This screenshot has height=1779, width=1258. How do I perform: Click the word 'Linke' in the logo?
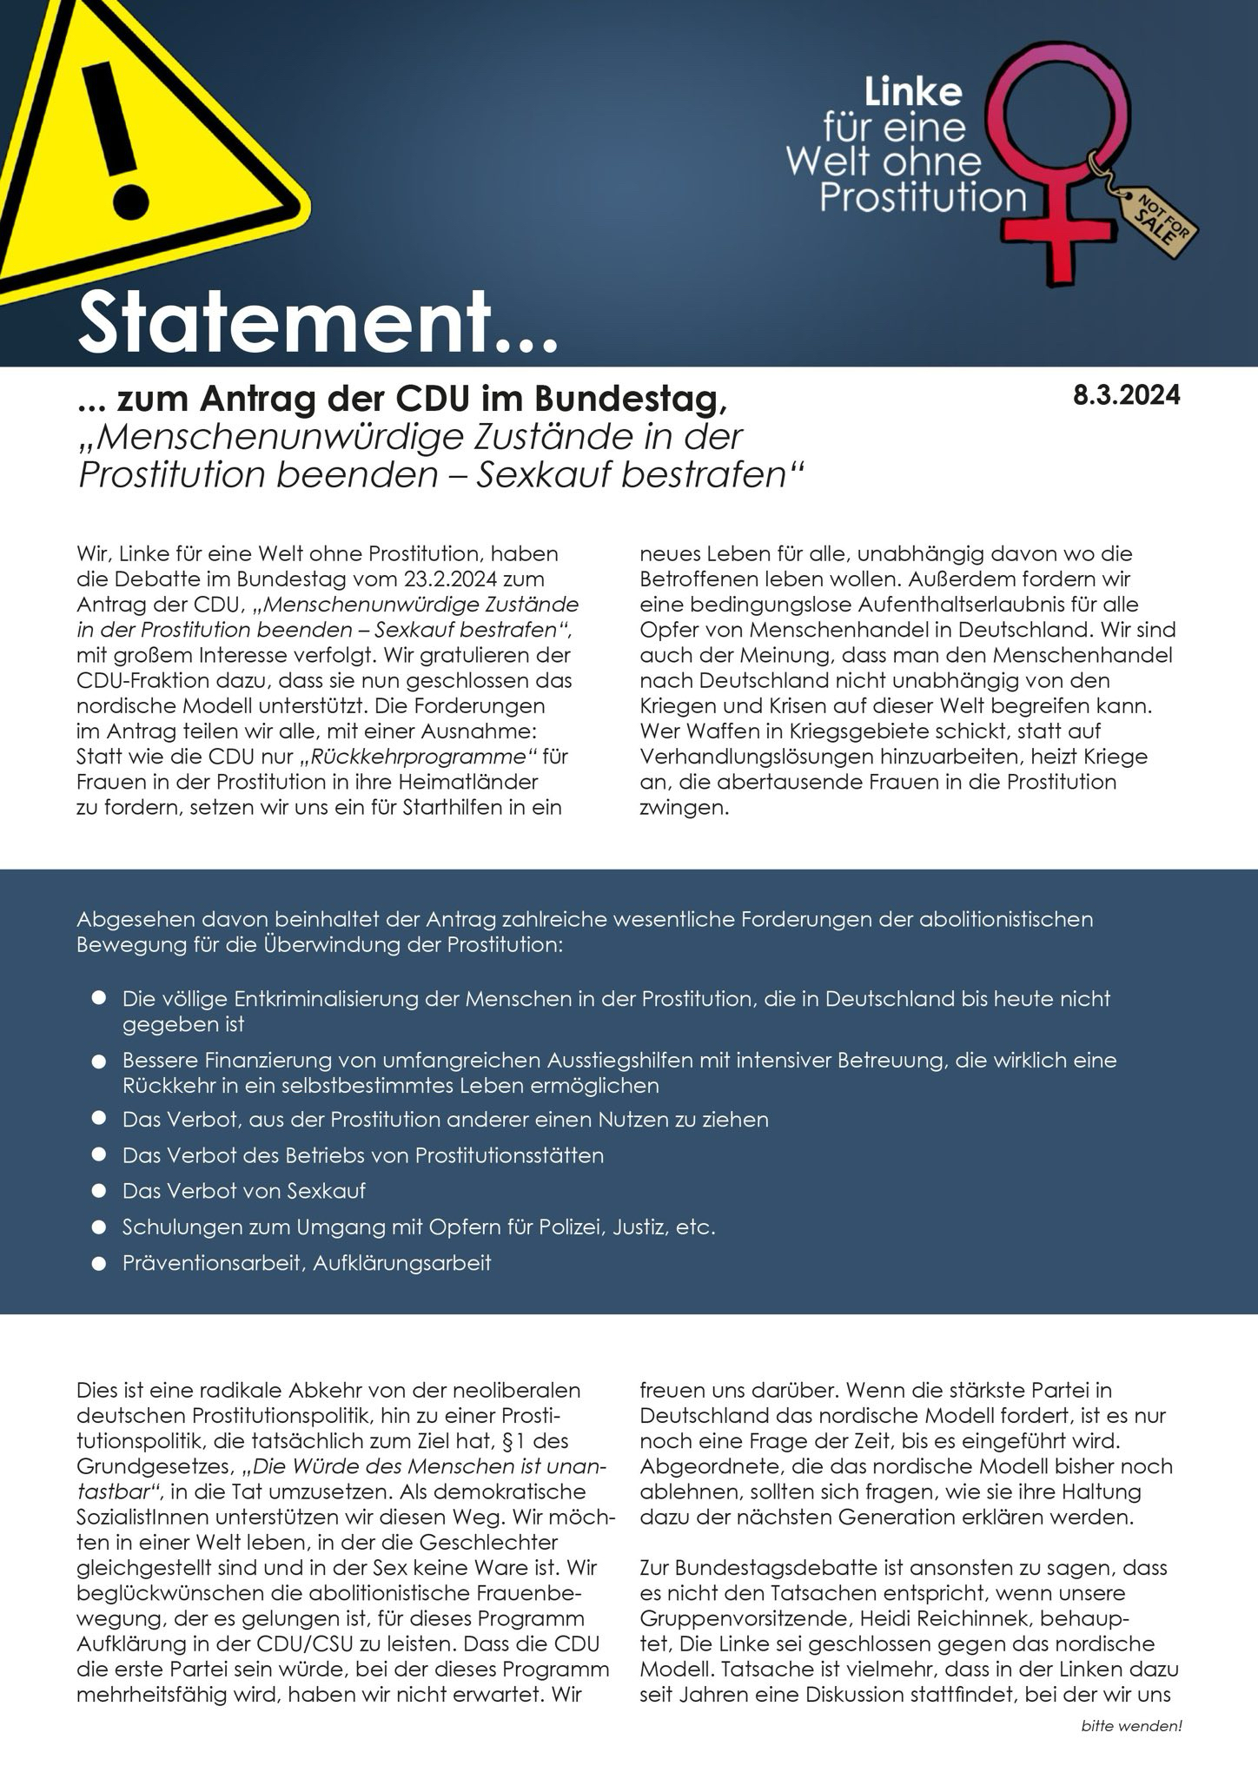pyautogui.click(x=911, y=93)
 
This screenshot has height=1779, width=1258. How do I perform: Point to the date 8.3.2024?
pyautogui.click(x=1127, y=396)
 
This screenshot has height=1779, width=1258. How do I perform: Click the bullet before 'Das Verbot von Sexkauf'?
pyautogui.click(x=99, y=1190)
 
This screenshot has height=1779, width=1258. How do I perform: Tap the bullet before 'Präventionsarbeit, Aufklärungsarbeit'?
pyautogui.click(x=99, y=1262)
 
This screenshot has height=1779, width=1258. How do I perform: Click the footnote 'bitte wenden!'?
pyautogui.click(x=1131, y=1726)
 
